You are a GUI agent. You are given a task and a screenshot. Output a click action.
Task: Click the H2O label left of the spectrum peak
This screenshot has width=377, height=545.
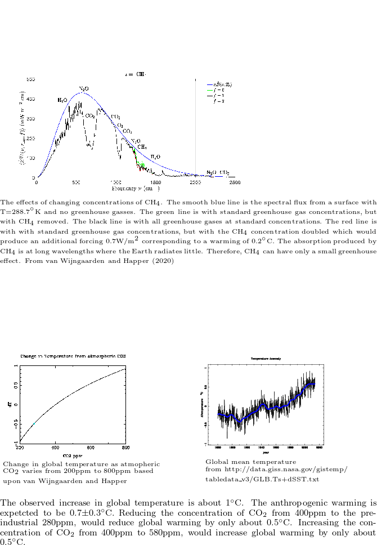point(62,100)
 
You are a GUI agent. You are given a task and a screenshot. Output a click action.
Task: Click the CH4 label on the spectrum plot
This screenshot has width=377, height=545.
point(142,146)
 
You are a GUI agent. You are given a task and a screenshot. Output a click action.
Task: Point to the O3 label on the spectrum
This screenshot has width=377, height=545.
point(120,125)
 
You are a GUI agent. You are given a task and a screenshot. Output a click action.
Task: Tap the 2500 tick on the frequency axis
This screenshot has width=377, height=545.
point(235,182)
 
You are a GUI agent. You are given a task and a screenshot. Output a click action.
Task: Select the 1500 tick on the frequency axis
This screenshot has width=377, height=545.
point(156,182)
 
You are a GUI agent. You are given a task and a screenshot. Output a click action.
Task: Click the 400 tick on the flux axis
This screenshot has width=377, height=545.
point(32,99)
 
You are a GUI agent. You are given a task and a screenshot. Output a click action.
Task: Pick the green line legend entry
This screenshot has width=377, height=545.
point(219,90)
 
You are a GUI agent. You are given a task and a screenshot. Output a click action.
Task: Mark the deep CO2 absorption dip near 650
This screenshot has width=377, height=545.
point(89,145)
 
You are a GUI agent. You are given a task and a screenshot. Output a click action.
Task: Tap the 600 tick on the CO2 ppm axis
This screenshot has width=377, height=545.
point(91,448)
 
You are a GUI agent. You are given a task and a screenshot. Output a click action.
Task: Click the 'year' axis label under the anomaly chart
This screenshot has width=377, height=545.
point(266,452)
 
